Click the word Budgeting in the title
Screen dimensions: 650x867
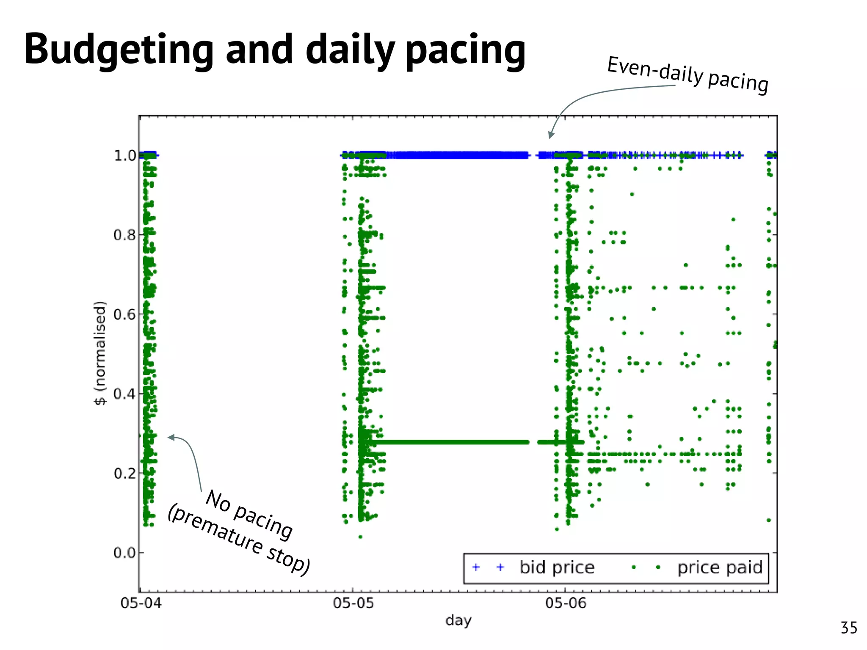[x=119, y=50]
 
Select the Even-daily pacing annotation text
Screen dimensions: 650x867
[x=688, y=75]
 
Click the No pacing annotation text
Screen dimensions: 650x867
[x=249, y=515]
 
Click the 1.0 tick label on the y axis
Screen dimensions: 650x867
[x=124, y=156]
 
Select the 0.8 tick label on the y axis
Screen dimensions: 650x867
[x=124, y=235]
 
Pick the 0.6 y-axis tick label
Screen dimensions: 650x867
[x=124, y=314]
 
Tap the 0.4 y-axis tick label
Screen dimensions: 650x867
[x=124, y=394]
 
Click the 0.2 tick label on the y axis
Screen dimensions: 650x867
[x=124, y=473]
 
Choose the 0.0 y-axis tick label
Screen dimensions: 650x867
[x=124, y=553]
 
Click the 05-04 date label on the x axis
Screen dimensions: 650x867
[x=141, y=603]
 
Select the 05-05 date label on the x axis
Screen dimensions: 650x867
[x=353, y=603]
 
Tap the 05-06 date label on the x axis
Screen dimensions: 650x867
[x=566, y=603]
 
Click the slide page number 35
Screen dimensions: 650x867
[x=849, y=628]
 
